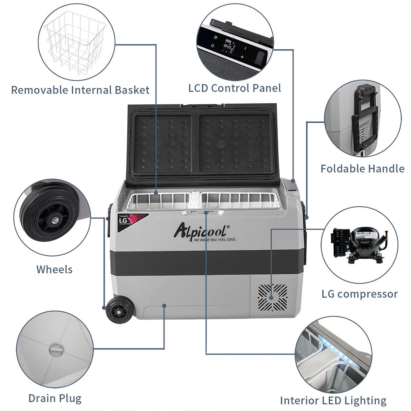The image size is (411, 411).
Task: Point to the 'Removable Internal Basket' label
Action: click(80, 90)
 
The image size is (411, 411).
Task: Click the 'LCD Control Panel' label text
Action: click(235, 88)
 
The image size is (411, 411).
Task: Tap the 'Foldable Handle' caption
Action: click(362, 169)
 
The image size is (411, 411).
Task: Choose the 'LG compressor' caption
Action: click(360, 294)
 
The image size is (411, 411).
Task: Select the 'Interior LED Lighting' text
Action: click(333, 400)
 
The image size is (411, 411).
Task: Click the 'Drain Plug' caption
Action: click(55, 398)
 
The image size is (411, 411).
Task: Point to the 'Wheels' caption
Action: click(54, 269)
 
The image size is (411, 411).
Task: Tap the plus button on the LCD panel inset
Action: click(242, 57)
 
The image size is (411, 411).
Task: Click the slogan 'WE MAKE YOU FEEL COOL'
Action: click(214, 239)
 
